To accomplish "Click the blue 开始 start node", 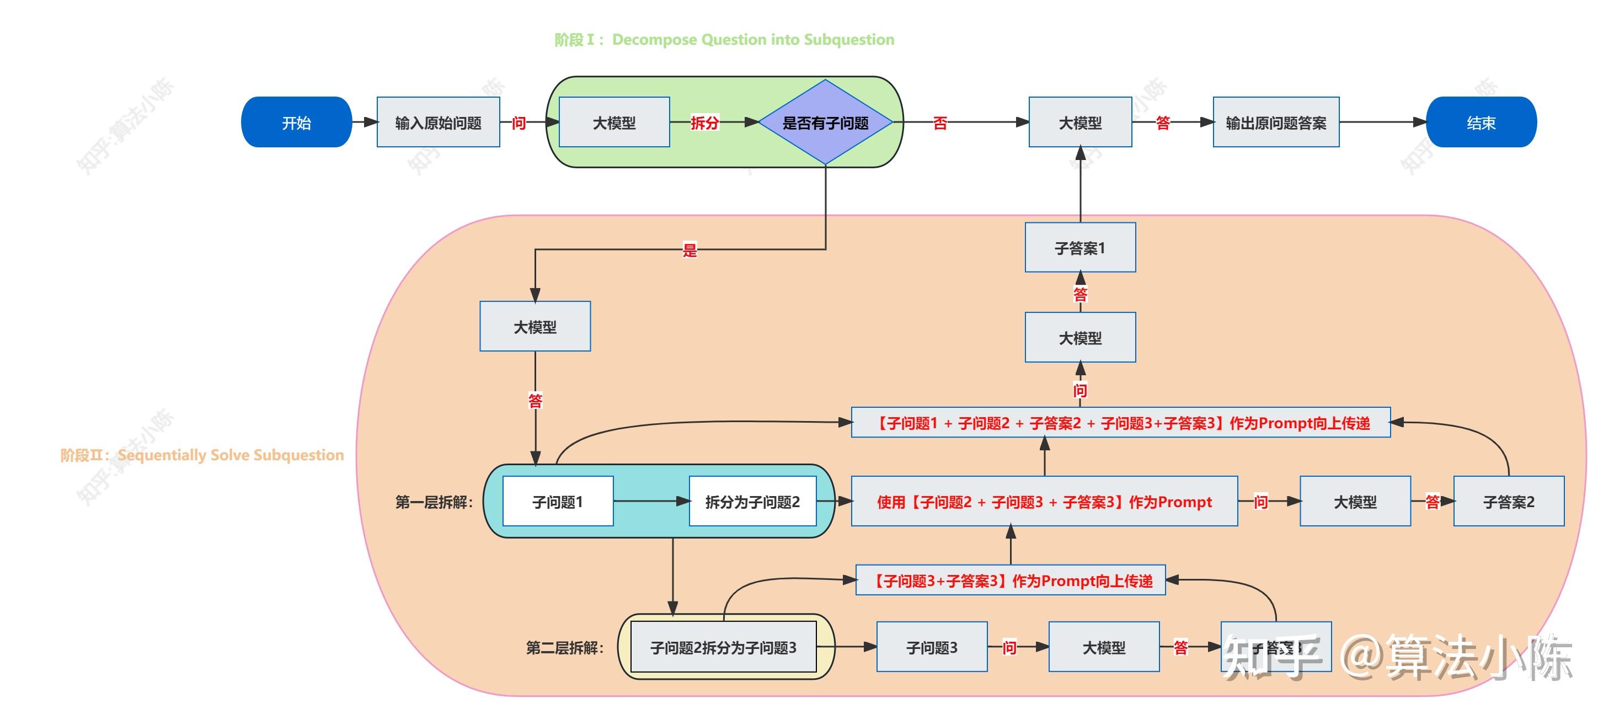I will (x=296, y=123).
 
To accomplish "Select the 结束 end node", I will (x=1481, y=123).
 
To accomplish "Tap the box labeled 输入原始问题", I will (x=438, y=123).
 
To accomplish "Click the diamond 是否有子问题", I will (x=825, y=123).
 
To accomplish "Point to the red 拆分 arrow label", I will (x=704, y=123).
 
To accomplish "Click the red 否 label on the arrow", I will (x=940, y=123).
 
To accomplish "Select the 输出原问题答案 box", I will (x=1276, y=123).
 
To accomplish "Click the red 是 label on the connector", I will (x=689, y=250).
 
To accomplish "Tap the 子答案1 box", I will (x=1079, y=248).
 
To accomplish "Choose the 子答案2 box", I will (x=1508, y=502).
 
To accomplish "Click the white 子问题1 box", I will (x=558, y=502).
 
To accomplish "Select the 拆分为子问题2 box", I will (x=752, y=502).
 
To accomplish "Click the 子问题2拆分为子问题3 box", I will (x=723, y=647).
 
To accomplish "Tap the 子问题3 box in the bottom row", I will (x=932, y=647).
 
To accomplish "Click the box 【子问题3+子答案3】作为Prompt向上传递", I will (x=1010, y=581).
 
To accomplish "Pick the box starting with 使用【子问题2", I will (x=1044, y=502).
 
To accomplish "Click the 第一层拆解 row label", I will (x=434, y=502).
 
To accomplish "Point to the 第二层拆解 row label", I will (x=564, y=647).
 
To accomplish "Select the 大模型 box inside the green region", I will (x=614, y=123).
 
